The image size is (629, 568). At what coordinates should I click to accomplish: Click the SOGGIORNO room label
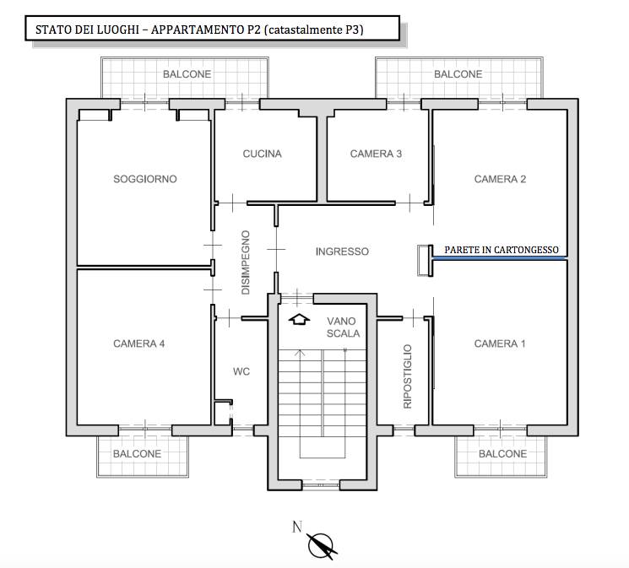point(145,179)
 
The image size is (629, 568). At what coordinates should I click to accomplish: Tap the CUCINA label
point(262,154)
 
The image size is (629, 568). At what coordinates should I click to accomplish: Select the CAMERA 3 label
point(376,154)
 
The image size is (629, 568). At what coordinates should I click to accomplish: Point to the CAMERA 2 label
point(500,179)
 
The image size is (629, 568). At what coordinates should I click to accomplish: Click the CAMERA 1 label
point(500,344)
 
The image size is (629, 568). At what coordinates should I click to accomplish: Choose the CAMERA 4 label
point(138,344)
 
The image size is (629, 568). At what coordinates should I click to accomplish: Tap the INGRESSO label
point(342,252)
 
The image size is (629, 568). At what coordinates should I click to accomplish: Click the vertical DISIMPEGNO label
point(246,262)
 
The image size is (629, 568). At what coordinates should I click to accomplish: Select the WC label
point(241,371)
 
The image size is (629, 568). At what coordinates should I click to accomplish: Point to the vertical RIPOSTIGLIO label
point(408,376)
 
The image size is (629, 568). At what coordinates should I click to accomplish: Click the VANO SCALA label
point(343,327)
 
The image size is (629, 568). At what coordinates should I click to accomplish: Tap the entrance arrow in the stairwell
point(299,319)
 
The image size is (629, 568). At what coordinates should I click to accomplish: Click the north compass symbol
point(322,545)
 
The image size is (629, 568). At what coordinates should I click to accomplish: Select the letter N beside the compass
point(297,527)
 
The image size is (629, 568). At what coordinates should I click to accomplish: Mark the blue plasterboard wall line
point(500,259)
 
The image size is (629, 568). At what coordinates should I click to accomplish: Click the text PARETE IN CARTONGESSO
point(502,250)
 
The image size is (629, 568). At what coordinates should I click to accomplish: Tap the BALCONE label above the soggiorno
point(187,74)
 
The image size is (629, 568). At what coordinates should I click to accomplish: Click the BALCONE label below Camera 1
point(502,454)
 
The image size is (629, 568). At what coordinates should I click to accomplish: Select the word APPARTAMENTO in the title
point(206,30)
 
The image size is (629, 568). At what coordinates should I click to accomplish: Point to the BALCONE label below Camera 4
point(137,454)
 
